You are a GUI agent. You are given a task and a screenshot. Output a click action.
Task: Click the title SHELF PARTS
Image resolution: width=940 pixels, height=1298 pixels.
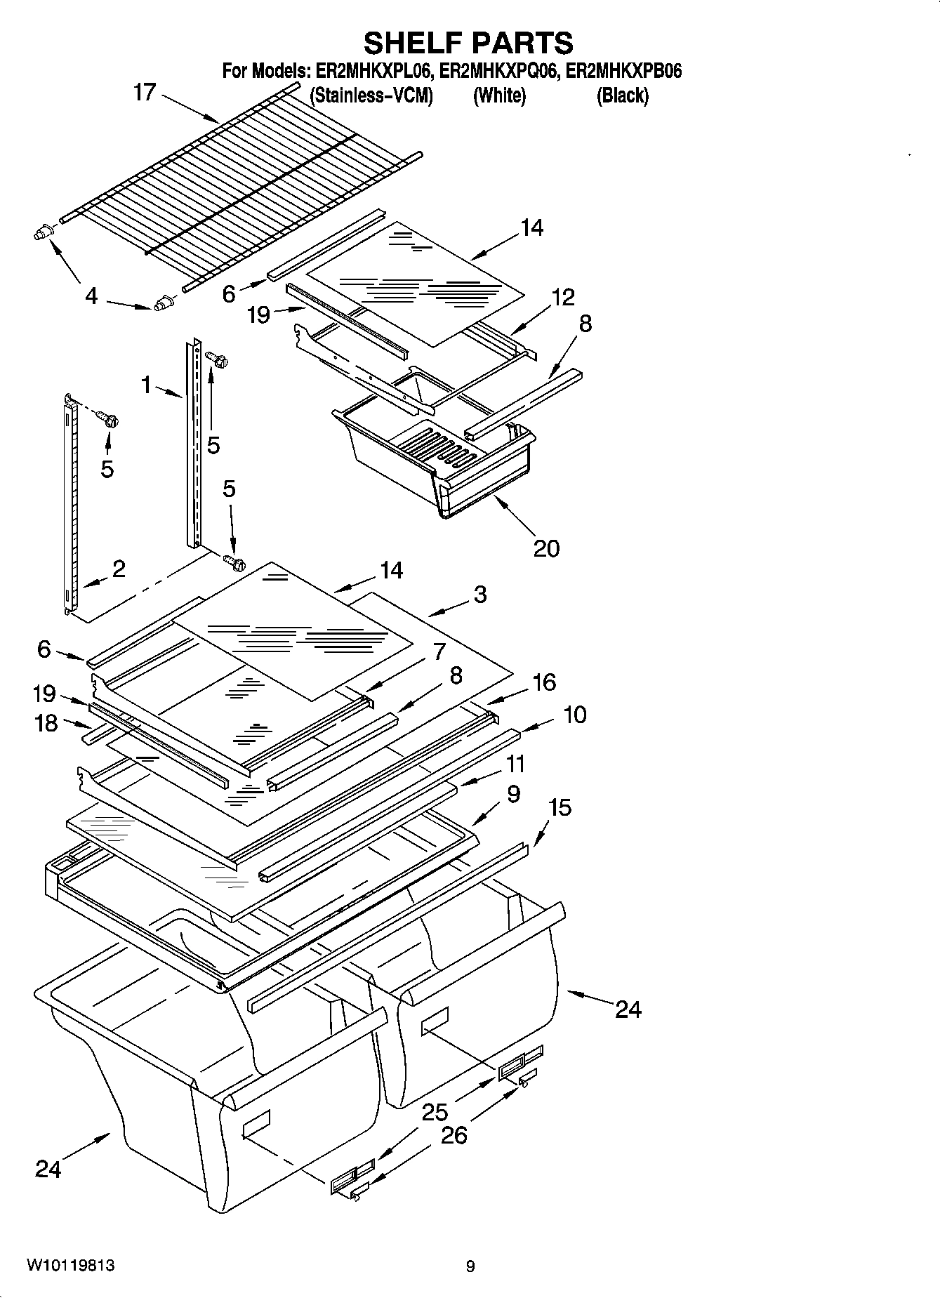(468, 44)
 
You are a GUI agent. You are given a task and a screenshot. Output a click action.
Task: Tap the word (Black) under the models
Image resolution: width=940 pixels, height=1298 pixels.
(622, 95)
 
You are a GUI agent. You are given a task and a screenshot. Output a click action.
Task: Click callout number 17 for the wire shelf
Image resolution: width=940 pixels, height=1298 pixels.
(145, 92)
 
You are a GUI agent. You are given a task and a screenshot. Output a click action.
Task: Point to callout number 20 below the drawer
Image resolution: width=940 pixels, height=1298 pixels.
(546, 548)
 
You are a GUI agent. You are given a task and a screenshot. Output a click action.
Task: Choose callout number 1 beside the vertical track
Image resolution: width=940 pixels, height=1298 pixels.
(146, 384)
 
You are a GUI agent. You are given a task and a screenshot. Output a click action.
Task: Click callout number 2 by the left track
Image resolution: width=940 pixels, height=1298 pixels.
(119, 569)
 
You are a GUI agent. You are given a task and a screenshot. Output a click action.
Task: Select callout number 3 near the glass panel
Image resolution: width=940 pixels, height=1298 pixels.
(479, 595)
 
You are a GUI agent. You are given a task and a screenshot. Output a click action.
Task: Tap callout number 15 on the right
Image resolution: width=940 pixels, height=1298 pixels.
(560, 807)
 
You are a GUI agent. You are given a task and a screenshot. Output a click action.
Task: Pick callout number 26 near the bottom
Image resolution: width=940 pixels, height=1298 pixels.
(454, 1135)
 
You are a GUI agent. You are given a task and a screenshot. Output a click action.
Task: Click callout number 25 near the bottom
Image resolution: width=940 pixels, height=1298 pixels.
(435, 1111)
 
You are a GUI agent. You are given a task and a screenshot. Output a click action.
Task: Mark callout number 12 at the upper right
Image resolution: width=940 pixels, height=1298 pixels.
(562, 297)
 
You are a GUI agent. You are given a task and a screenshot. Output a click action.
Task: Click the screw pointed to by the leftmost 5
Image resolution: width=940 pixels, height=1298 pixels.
(110, 420)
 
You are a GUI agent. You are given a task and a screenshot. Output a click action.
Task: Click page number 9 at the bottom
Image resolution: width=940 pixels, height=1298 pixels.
(470, 1266)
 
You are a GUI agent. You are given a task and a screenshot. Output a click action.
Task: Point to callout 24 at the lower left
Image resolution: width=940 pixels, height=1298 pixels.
(48, 1169)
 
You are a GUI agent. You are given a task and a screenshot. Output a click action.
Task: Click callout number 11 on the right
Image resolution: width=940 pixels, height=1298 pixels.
(515, 763)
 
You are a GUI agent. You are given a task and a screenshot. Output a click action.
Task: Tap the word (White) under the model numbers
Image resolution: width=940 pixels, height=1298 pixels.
(499, 95)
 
